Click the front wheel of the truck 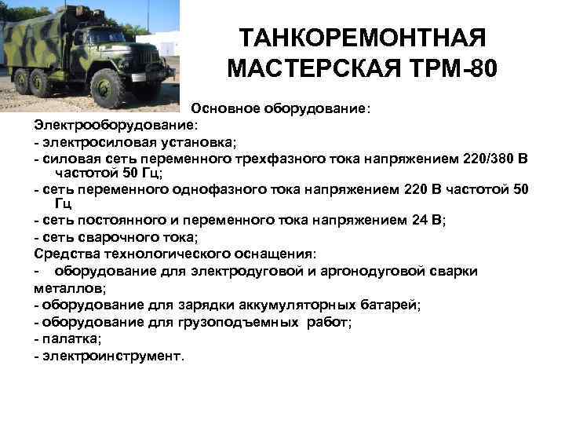[x=108, y=89]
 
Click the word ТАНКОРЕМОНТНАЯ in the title [x=362, y=38]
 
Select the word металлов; [x=64, y=287]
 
